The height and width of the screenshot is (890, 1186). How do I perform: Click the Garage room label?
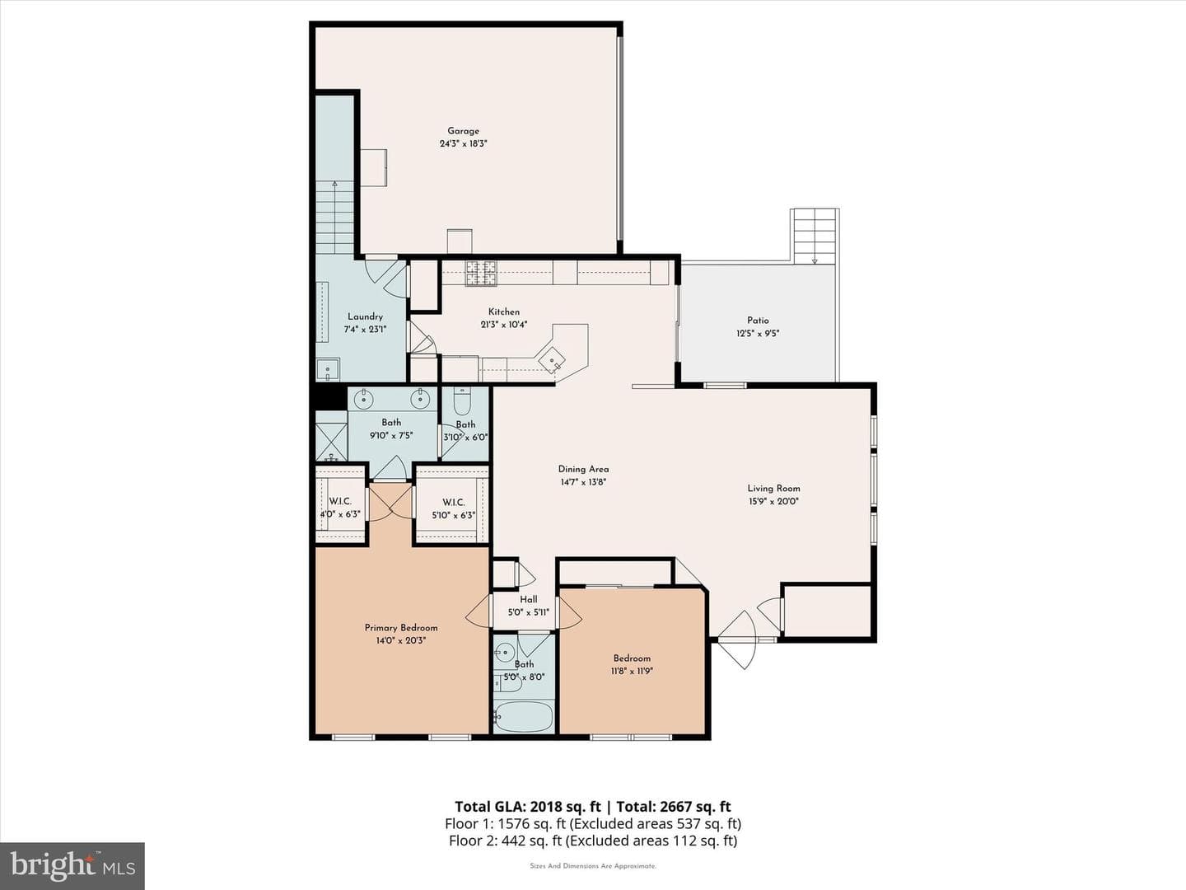463,131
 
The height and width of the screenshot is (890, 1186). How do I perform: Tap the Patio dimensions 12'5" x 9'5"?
758,334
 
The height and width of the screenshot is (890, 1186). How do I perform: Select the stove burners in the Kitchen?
482,273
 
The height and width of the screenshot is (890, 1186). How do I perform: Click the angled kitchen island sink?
552,359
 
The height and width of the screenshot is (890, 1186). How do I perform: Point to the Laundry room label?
365,316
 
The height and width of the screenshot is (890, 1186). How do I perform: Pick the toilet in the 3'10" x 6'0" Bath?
463,400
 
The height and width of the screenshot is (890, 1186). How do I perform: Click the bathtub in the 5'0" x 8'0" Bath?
524,716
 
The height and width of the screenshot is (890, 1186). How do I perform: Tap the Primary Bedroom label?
401,627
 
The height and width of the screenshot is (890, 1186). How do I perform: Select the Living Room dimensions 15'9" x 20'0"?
773,501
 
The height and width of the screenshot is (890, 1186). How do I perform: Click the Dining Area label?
584,469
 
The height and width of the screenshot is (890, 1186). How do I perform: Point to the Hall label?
529,599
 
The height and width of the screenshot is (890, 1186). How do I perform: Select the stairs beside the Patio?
815,237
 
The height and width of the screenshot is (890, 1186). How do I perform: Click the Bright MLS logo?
72,865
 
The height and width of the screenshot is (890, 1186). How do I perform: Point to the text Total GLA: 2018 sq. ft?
528,806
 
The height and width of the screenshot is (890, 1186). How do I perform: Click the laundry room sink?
328,370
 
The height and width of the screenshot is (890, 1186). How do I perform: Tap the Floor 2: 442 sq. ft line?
593,841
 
